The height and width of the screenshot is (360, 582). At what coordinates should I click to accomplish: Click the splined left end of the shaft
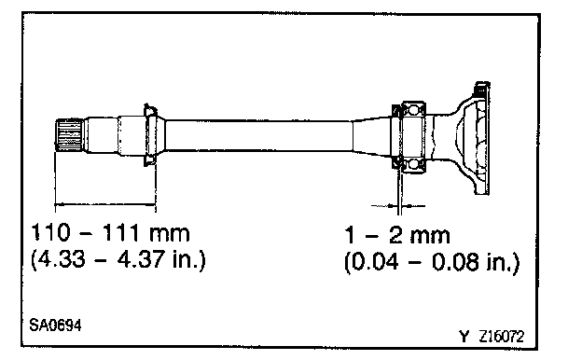click(x=69, y=135)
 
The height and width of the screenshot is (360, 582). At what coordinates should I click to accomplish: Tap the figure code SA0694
click(x=55, y=325)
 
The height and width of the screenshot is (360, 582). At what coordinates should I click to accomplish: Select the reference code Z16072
click(x=502, y=337)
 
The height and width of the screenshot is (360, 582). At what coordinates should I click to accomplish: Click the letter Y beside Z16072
click(x=464, y=337)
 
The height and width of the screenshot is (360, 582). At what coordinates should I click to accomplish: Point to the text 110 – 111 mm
click(x=110, y=233)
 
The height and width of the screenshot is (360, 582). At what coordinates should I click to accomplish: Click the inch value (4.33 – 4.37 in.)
click(x=118, y=259)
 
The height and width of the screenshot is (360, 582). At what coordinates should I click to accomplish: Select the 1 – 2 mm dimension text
click(x=397, y=235)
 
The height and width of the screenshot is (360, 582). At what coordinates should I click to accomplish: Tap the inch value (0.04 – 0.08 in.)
click(x=432, y=262)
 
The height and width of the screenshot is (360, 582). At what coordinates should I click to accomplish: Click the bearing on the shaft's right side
click(x=413, y=137)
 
